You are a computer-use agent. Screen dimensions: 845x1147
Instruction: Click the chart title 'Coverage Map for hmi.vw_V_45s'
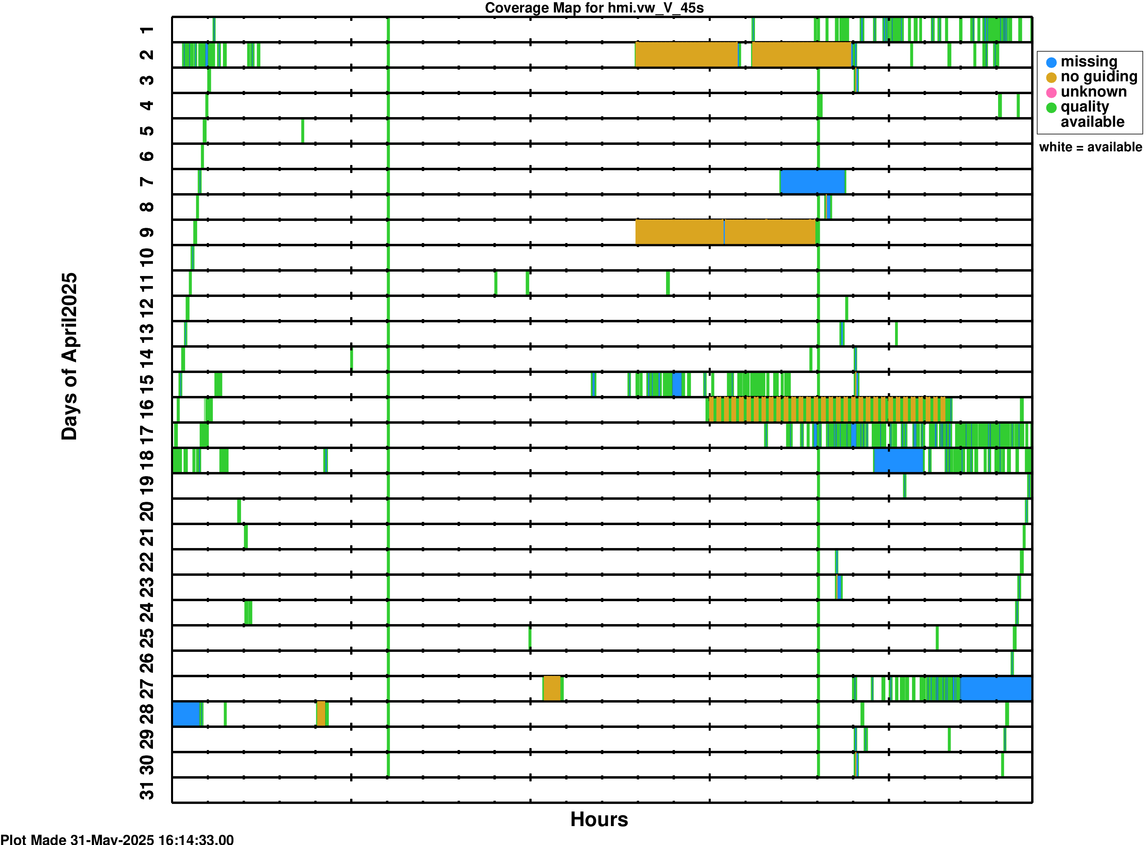point(594,8)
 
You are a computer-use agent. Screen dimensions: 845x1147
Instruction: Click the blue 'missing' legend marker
point(1051,62)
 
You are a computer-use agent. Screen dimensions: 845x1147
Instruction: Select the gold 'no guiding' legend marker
point(1051,78)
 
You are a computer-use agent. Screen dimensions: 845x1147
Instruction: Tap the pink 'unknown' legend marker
point(1051,93)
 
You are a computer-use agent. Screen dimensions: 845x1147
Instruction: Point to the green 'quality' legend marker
point(1051,107)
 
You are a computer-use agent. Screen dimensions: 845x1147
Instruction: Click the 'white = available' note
point(1090,147)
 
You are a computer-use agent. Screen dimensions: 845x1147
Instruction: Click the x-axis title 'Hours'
point(598,819)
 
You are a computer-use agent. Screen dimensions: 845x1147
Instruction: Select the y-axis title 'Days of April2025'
point(69,356)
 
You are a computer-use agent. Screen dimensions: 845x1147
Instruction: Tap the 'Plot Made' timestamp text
point(117,839)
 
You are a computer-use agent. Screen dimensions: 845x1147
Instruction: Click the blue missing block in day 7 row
point(813,181)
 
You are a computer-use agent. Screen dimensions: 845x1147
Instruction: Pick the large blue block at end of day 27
point(996,688)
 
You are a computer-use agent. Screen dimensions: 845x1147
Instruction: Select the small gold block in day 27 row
point(551,688)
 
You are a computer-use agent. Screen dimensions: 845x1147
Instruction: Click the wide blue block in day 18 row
point(898,460)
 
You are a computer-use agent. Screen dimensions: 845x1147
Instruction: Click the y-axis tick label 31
point(147,791)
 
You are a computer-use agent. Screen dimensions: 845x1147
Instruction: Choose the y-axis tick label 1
point(147,30)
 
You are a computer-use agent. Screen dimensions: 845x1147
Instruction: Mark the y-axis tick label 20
point(147,511)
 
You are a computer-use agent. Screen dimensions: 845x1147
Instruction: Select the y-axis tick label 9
point(147,233)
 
